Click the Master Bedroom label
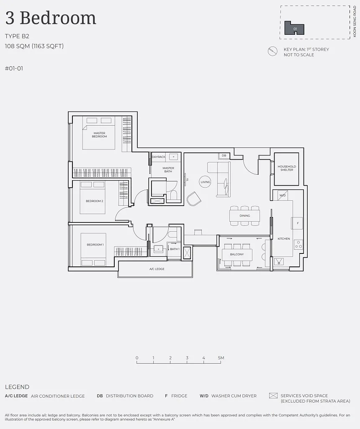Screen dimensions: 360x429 (x=99, y=134)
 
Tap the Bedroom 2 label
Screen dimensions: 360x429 (x=94, y=201)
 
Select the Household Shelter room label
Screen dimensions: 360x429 (x=287, y=168)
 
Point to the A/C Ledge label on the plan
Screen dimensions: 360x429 (x=157, y=269)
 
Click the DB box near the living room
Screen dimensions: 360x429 (x=224, y=156)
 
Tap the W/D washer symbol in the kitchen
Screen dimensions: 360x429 (x=283, y=195)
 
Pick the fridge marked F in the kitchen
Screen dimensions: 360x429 (x=297, y=223)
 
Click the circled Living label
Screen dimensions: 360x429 (x=205, y=182)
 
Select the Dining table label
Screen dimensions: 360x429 (x=244, y=216)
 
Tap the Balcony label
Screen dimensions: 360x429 (x=237, y=254)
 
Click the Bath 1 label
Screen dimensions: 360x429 (x=175, y=249)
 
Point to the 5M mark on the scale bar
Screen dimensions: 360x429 (x=221, y=358)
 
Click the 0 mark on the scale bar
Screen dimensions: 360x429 (x=137, y=358)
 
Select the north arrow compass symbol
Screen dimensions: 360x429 (x=273, y=51)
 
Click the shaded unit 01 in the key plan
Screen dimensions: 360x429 (x=294, y=28)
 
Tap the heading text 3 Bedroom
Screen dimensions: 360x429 (x=51, y=18)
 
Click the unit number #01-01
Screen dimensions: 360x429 (x=14, y=68)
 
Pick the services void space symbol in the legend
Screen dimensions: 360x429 (x=273, y=395)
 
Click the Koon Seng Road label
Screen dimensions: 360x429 (x=355, y=21)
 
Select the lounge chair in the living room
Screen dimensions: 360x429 (x=194, y=199)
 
